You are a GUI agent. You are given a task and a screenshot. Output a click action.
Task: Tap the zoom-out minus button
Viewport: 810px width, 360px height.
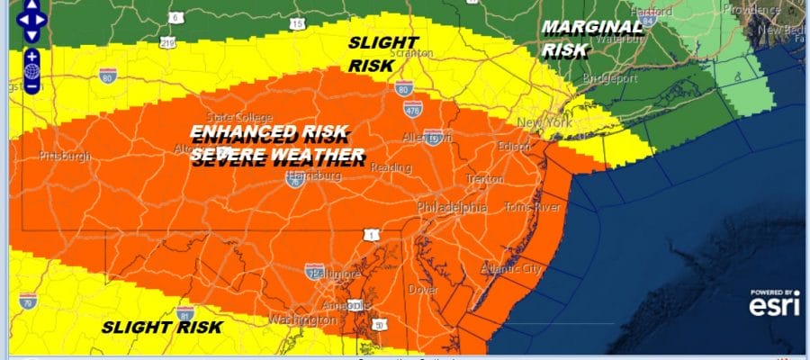31,87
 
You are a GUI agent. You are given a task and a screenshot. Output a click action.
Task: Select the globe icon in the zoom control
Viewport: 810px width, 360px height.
31,71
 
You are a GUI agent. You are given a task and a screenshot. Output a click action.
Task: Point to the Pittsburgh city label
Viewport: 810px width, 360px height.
65,157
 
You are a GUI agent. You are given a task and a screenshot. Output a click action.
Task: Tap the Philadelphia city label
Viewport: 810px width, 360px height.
452,208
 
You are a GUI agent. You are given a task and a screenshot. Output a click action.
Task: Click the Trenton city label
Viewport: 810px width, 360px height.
485,179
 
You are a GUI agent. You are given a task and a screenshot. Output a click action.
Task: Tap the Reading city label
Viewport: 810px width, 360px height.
391,168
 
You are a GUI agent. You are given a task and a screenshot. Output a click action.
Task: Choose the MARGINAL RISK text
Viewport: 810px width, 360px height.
591,39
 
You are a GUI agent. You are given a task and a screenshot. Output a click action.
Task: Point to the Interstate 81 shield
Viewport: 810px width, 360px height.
185,315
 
